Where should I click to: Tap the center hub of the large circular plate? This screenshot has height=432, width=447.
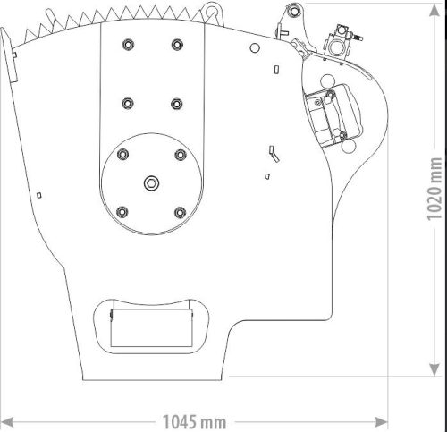pyautogui.click(x=150, y=183)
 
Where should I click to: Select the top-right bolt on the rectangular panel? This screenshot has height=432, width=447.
pyautogui.click(x=175, y=43)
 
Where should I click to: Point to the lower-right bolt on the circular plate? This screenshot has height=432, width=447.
pyautogui.click(x=180, y=212)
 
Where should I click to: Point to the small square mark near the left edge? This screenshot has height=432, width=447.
pyautogui.click(x=38, y=193)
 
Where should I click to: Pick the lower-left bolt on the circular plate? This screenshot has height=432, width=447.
pyautogui.click(x=121, y=212)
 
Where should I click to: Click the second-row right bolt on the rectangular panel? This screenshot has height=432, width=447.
pyautogui.click(x=175, y=101)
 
